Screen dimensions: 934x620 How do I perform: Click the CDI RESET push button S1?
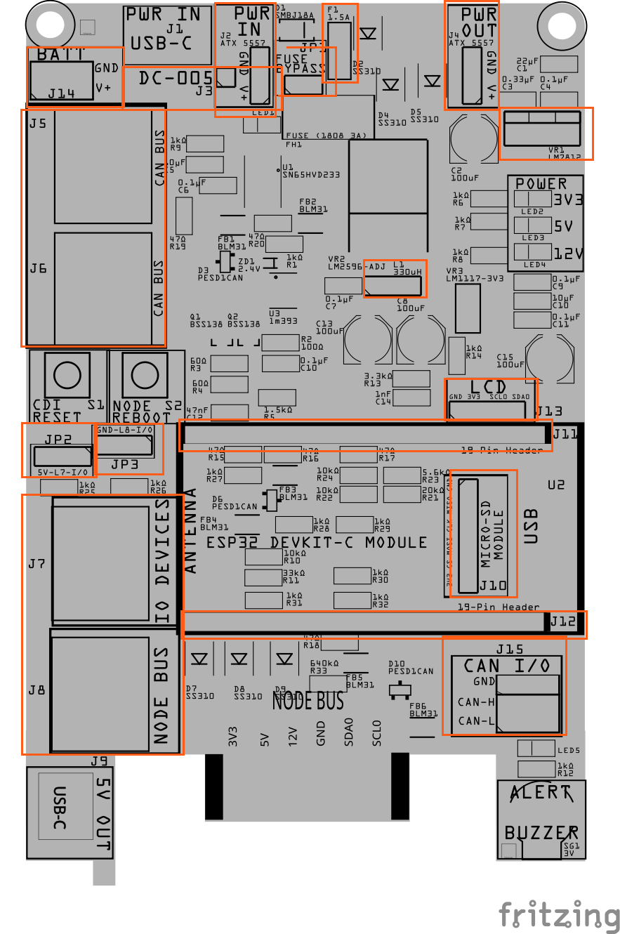(67, 373)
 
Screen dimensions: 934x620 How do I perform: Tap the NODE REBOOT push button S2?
(143, 373)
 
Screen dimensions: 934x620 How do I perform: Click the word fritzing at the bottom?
(560, 915)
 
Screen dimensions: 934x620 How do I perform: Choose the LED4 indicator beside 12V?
(532, 253)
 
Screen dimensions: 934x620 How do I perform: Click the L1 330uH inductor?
(394, 286)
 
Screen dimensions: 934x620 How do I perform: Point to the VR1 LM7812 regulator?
(542, 129)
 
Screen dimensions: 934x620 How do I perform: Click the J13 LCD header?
(490, 409)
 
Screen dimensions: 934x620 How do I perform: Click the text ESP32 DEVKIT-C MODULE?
(316, 543)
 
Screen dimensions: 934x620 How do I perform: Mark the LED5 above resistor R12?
(536, 749)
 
